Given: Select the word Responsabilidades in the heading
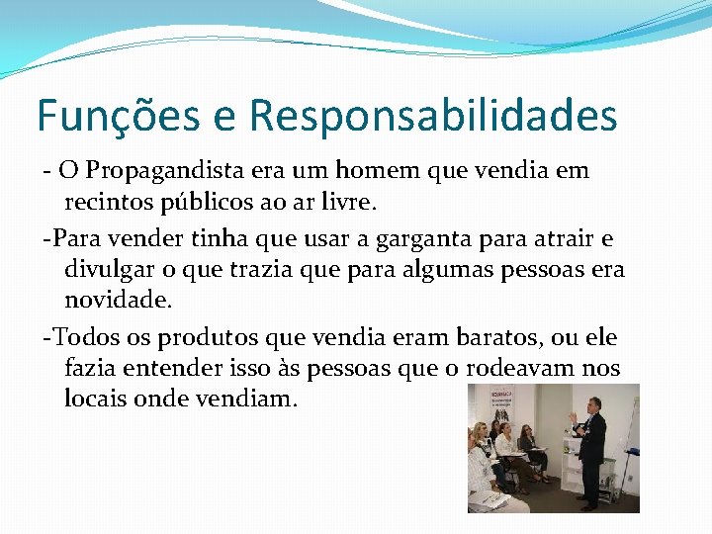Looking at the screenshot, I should pyautogui.click(x=433, y=116).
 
